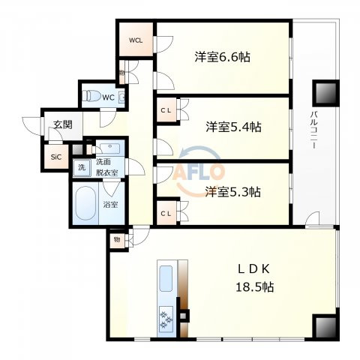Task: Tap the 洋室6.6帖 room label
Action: (x=223, y=57)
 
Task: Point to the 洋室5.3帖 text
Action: (x=232, y=191)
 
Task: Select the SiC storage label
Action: (x=55, y=157)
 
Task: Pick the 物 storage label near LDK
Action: (x=117, y=239)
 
